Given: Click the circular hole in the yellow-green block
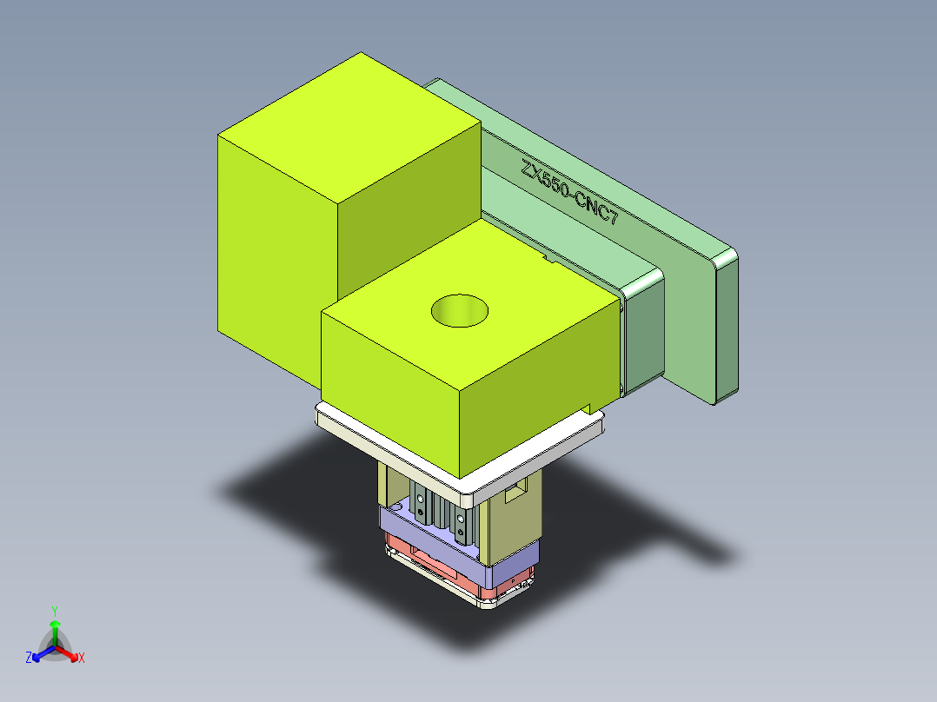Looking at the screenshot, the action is pyautogui.click(x=460, y=310).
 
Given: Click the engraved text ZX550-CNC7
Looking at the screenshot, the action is pyautogui.click(x=570, y=194).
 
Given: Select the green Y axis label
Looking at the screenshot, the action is pyautogui.click(x=54, y=611).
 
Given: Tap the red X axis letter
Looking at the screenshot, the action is pyautogui.click(x=82, y=659).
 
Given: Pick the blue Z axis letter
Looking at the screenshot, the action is pyautogui.click(x=29, y=659).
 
